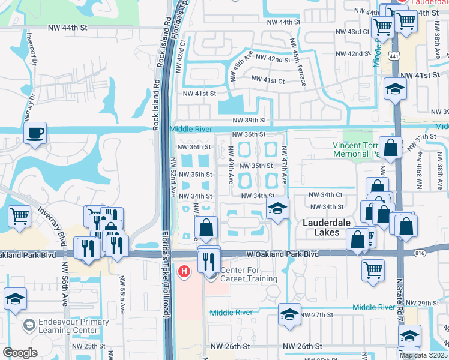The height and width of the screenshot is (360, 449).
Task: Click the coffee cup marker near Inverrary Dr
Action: click(x=35, y=133)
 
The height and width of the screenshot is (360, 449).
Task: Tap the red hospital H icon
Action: click(x=185, y=271)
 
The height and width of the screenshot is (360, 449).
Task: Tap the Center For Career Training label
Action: click(x=249, y=274)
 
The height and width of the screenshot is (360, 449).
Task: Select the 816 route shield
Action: click(x=420, y=254)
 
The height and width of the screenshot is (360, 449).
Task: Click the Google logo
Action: click(x=20, y=353)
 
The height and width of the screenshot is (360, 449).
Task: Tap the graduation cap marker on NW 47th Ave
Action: click(x=277, y=209)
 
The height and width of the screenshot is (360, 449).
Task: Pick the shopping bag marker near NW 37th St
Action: click(x=391, y=149)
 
